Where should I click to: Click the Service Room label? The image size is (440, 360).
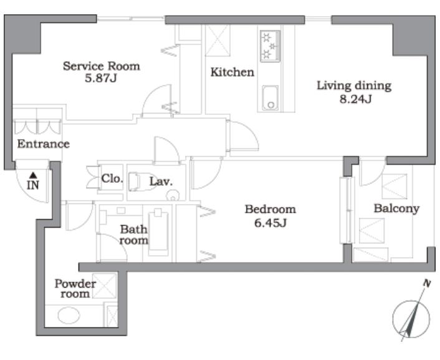click(x=102, y=66)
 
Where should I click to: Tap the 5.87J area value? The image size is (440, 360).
click(x=101, y=78)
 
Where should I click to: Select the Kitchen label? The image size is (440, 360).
click(x=232, y=72)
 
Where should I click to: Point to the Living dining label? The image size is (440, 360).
click(x=354, y=85)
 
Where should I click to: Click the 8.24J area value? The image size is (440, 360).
click(x=355, y=99)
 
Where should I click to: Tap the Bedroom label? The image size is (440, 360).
click(x=270, y=210)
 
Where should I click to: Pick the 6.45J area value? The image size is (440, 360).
click(x=270, y=223)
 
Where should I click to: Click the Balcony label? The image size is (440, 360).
click(x=396, y=208)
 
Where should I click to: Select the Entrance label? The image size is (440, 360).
click(x=43, y=144)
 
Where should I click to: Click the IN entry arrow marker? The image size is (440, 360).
click(x=34, y=175)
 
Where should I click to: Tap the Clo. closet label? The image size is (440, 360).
click(x=112, y=178)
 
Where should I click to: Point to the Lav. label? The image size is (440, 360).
click(x=161, y=182)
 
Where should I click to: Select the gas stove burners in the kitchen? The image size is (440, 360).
click(x=270, y=46)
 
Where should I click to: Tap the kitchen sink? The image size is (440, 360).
click(x=270, y=98)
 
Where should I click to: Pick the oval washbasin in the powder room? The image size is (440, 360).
click(x=69, y=315)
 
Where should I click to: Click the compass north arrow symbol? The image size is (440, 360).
click(x=411, y=318)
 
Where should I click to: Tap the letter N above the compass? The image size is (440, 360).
click(x=427, y=283)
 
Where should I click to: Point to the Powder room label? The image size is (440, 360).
click(x=75, y=289)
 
